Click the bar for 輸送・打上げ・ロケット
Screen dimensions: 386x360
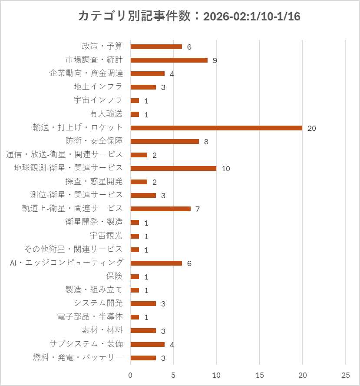click(216, 128)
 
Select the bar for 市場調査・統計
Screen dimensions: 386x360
click(169, 60)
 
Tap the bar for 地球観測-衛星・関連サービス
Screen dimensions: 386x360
click(173, 168)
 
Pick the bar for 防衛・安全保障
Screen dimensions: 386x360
click(165, 141)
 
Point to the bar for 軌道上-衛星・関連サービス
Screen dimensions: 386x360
click(160, 209)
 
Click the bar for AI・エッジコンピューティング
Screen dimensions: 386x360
click(156, 263)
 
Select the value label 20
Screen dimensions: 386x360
click(311, 128)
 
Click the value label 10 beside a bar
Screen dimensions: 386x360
click(225, 169)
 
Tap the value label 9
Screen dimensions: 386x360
click(215, 60)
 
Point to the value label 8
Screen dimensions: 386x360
click(206, 142)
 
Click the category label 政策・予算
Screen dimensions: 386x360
click(102, 46)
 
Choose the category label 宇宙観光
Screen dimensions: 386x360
click(106, 236)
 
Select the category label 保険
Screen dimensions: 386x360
click(115, 276)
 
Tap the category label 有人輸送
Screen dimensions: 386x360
click(106, 114)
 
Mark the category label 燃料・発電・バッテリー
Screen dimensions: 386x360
click(78, 357)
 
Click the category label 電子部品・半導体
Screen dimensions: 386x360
click(90, 316)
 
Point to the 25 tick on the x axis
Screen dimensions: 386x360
click(345, 375)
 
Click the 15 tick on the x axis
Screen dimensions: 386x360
click(259, 375)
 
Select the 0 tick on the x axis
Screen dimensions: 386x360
click(130, 375)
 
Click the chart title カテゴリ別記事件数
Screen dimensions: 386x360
click(134, 16)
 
